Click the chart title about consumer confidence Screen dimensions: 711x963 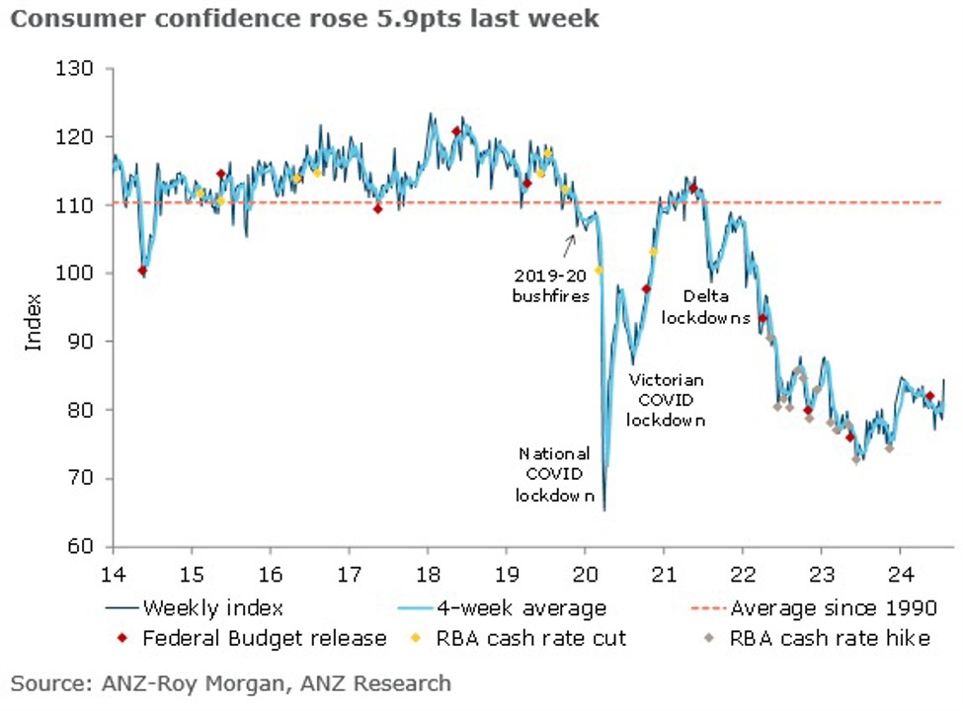pyautogui.click(x=304, y=20)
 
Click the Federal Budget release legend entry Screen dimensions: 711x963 pyautogui.click(x=251, y=638)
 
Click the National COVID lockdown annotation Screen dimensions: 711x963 pyautogui.click(x=555, y=474)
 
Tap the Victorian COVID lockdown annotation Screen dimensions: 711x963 pyautogui.click(x=668, y=399)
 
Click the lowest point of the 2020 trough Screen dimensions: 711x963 pyautogui.click(x=603, y=509)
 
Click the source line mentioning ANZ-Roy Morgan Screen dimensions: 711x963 pyautogui.click(x=231, y=682)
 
